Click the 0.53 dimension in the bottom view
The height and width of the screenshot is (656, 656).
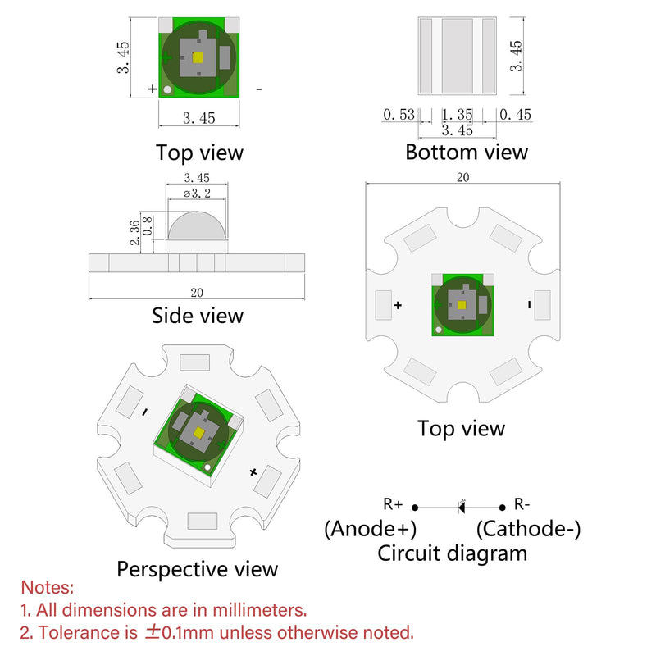pyautogui.click(x=399, y=115)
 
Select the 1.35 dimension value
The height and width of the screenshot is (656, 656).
pyautogui.click(x=458, y=115)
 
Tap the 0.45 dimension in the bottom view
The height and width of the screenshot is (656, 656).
pyautogui.click(x=515, y=115)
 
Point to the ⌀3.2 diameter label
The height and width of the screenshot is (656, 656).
pyautogui.click(x=197, y=194)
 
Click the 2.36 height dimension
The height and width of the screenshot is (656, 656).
pyautogui.click(x=134, y=233)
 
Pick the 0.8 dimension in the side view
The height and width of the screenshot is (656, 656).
pyautogui.click(x=148, y=226)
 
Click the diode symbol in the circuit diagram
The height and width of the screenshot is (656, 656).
pyautogui.click(x=462, y=507)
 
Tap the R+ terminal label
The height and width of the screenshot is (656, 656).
pyautogui.click(x=393, y=504)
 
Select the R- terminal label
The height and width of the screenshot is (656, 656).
pyautogui.click(x=522, y=504)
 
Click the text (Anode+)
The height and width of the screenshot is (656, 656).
pyautogui.click(x=371, y=528)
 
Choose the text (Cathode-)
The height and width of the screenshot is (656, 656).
pyautogui.click(x=528, y=528)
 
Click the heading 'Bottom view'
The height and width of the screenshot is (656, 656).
pyautogui.click(x=467, y=152)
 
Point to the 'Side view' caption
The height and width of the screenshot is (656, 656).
pyautogui.click(x=198, y=316)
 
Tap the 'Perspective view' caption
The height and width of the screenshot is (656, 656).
pyautogui.click(x=197, y=569)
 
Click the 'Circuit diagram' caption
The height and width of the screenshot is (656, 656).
pyautogui.click(x=453, y=553)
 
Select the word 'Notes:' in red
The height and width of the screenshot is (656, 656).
pyautogui.click(x=48, y=587)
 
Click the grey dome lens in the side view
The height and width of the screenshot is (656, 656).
pyautogui.click(x=197, y=226)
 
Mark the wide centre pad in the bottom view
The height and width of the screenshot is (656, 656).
pyautogui.click(x=458, y=56)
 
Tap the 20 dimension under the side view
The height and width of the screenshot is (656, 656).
pyautogui.click(x=197, y=293)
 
